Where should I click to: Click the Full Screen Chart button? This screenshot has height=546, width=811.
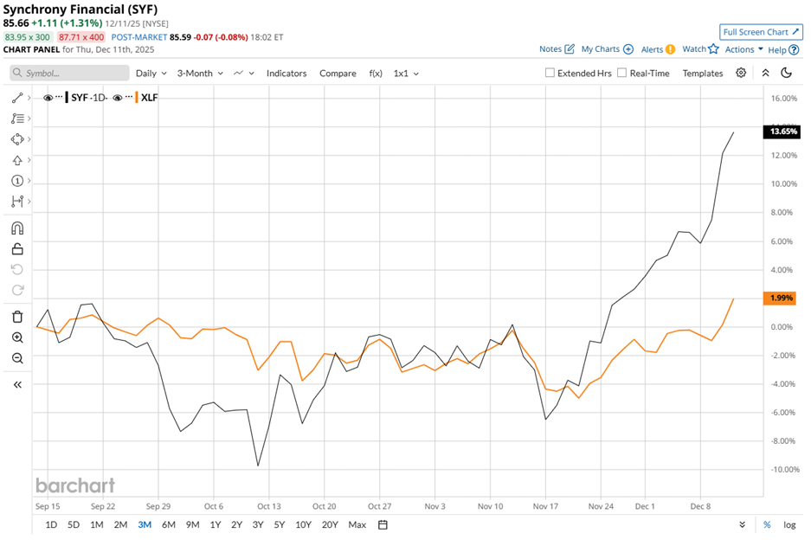[x=761, y=32]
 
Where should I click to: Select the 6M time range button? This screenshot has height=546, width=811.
[x=168, y=524]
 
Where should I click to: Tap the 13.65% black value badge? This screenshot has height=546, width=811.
[x=781, y=132]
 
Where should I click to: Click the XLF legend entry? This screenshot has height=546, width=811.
[x=148, y=98]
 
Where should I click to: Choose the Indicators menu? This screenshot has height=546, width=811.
[x=286, y=74]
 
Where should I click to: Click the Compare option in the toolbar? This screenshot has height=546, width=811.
[x=338, y=74]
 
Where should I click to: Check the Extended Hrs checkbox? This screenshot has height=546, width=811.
[x=550, y=74]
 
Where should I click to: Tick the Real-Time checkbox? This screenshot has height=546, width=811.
[x=622, y=74]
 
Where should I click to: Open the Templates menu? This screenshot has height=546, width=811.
[x=702, y=74]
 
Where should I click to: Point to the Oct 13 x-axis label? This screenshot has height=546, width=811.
[x=269, y=506]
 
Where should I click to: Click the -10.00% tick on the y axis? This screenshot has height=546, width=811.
[x=782, y=469]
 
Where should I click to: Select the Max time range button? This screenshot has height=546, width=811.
[x=357, y=524]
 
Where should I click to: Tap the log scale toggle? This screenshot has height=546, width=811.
[x=789, y=524]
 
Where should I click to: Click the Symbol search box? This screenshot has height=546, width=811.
[x=69, y=74]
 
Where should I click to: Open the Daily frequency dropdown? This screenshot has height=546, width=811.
[x=151, y=74]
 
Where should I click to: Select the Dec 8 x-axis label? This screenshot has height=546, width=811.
[x=701, y=506]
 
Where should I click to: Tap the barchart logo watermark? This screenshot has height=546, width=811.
[x=74, y=485]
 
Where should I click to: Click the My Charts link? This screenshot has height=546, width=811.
[x=607, y=49]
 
